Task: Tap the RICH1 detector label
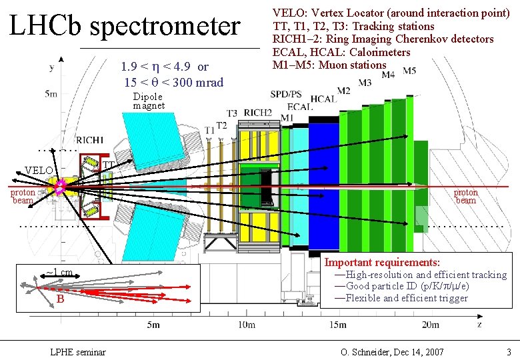pos(89,141)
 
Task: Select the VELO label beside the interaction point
pos(39,171)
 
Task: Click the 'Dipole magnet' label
pos(148,101)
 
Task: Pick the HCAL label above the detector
pos(323,99)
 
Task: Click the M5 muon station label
pos(409,71)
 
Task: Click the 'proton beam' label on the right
pos(465,197)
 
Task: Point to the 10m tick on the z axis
pos(246,325)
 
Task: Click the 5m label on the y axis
pos(51,94)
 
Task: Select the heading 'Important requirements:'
pos(382,263)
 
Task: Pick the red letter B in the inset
pos(60,299)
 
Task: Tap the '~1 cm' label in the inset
pos(59,272)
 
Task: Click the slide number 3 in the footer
pos(509,351)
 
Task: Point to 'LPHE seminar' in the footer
pos(78,351)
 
